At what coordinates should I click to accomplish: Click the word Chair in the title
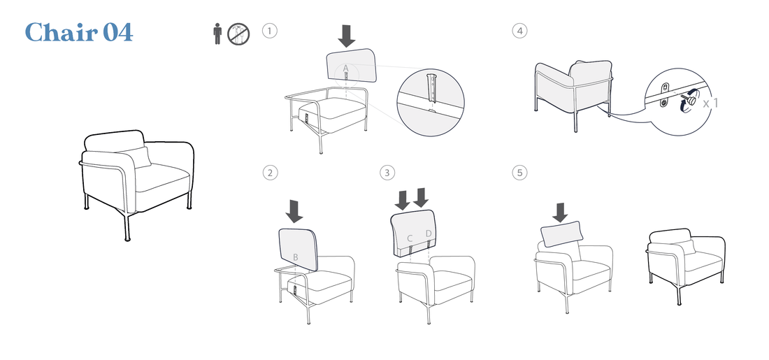click(62, 32)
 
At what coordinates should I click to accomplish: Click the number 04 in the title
click(117, 32)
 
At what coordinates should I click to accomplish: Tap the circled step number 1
click(270, 31)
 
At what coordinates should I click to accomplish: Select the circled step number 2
click(270, 173)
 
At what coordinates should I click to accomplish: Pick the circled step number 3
click(387, 173)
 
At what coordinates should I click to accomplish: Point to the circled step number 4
click(520, 31)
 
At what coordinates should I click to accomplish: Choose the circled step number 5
click(520, 173)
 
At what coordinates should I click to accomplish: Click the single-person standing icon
click(217, 34)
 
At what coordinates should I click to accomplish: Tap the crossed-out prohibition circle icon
click(238, 34)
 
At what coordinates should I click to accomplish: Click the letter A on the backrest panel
click(345, 68)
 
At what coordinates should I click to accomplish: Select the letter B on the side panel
click(296, 257)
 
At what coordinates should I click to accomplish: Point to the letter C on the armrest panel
click(410, 239)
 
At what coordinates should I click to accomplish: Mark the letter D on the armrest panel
click(429, 233)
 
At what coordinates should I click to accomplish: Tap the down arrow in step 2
click(294, 210)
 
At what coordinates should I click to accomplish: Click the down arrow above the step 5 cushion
click(559, 213)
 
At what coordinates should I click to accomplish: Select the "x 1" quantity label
click(710, 103)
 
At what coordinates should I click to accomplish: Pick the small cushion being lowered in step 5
click(562, 234)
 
